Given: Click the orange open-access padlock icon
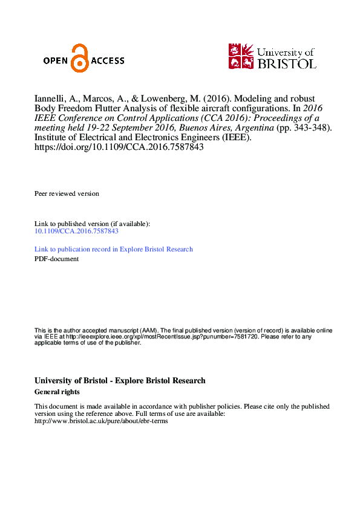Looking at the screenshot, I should pos(79,59).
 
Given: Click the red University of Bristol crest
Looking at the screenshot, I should pos(241,56).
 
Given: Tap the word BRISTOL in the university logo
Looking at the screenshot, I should pos(287,63).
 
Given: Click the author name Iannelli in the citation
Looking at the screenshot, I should pos(50,98).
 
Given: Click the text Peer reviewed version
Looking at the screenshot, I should pos(67,193).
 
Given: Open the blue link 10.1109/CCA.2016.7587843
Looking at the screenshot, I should pos(76,231).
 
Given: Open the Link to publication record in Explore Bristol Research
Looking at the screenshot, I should pos(114,249).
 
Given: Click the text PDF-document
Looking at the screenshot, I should pos(56,259).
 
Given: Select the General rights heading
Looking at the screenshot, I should pos(57,392).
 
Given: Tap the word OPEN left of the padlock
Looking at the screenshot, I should pos(57,60).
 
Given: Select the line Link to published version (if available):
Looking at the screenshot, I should pos(92,224).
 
